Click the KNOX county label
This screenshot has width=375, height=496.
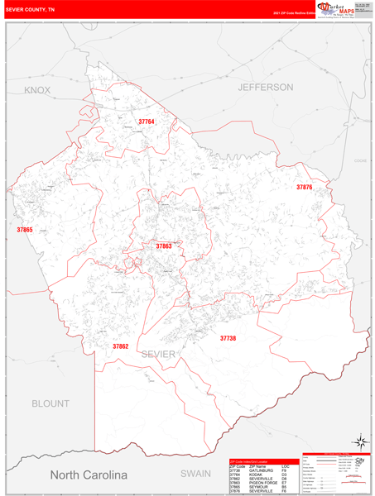coord(37,89)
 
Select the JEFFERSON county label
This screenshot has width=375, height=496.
coord(265,87)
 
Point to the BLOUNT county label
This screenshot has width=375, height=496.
coord(51,403)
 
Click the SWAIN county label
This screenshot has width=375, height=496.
coord(196,474)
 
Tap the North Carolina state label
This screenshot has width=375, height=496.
coord(89,475)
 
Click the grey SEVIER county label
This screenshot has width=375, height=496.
coord(158,354)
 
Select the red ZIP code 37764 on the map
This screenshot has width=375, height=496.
coord(147,122)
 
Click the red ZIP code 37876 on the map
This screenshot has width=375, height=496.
coord(305,188)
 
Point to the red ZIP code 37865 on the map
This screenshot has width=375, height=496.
coord(25,230)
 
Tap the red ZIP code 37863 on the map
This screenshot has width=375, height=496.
coord(164,246)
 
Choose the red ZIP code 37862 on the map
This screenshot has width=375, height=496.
coord(121,346)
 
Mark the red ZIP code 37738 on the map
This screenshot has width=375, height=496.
coord(228,338)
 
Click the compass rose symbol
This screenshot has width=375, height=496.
coord(360,441)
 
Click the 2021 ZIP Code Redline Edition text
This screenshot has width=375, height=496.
coord(295,14)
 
